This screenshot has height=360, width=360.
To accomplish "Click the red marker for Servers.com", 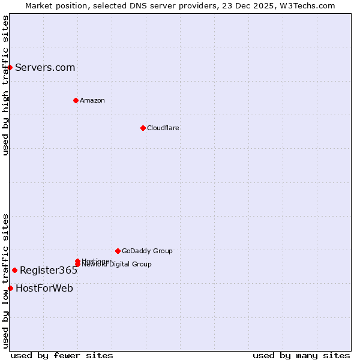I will click(x=10, y=67).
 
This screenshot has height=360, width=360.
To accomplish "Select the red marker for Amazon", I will click(x=76, y=100).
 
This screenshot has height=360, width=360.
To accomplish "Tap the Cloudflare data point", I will click(x=143, y=128).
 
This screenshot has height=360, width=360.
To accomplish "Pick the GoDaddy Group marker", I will click(x=118, y=251).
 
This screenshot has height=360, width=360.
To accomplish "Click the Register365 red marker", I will click(x=14, y=270).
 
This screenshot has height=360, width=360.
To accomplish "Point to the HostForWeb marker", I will click(x=10, y=288).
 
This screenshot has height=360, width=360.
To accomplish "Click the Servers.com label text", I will click(x=45, y=67).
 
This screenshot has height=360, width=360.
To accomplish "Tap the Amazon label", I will click(x=92, y=100).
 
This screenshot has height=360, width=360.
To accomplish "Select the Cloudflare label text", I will click(x=163, y=128).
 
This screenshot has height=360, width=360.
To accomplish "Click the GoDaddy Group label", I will click(x=147, y=251).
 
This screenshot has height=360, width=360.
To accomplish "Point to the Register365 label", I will click(x=49, y=270).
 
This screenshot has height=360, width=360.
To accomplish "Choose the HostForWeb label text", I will click(x=44, y=288).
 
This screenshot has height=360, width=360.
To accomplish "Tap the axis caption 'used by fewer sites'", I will click(x=62, y=355).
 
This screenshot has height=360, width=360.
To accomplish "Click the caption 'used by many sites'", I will click(x=301, y=355).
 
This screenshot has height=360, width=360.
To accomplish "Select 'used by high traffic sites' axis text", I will click(x=5, y=86).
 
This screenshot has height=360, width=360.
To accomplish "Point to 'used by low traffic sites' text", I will click(x=5, y=281).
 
